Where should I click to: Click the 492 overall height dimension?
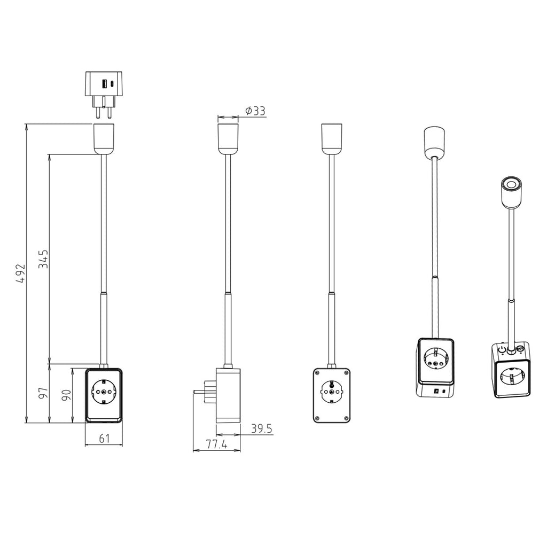pyautogui.click(x=20, y=273)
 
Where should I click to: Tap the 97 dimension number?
pyautogui.click(x=44, y=393)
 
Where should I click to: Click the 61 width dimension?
pyautogui.click(x=104, y=439)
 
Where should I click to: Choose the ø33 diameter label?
pyautogui.click(x=255, y=111)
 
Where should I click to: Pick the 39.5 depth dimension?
pyautogui.click(x=262, y=428)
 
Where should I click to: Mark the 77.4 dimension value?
pyautogui.click(x=216, y=444)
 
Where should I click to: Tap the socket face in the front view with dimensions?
pyautogui.click(x=104, y=395)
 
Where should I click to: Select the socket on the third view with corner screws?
pyautogui.click(x=331, y=395)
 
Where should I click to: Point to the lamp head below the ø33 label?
pyautogui.click(x=228, y=139)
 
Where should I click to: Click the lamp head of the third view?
pyautogui.click(x=331, y=139)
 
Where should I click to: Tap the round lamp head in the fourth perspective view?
pyautogui.click(x=436, y=142)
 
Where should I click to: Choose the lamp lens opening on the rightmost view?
pyautogui.click(x=511, y=185)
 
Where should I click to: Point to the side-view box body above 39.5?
pyautogui.click(x=228, y=395)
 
